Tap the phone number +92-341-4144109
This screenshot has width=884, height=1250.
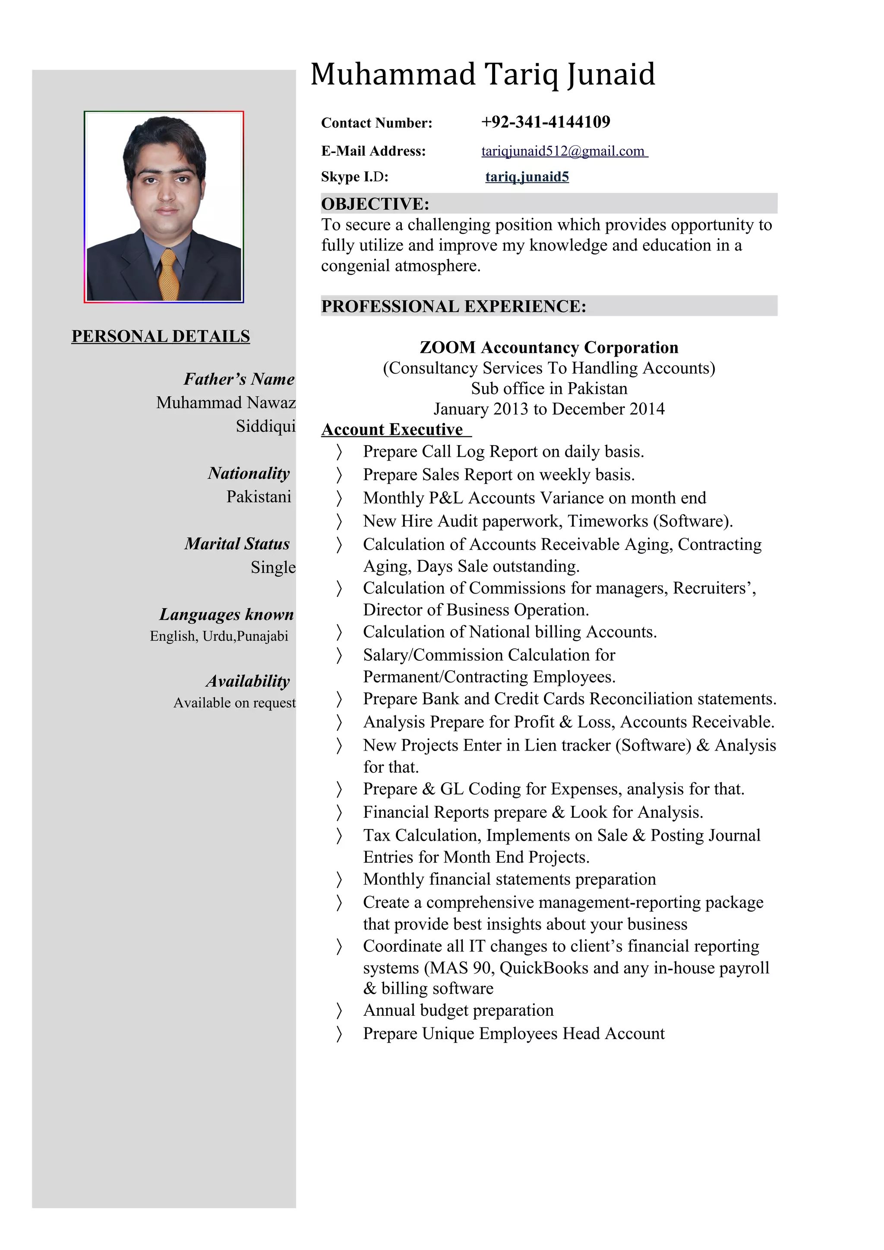(545, 122)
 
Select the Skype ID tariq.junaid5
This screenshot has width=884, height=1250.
(527, 176)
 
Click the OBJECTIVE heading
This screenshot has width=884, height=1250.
(375, 204)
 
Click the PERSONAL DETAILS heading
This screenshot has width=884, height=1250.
(161, 336)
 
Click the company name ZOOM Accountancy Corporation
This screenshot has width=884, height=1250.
(549, 347)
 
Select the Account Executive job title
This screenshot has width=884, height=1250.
(392, 430)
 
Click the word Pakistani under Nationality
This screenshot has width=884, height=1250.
(259, 496)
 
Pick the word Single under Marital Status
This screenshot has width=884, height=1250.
(273, 567)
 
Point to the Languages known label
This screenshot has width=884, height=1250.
(226, 614)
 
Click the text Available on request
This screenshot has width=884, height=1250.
(234, 703)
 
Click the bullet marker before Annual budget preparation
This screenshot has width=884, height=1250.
(339, 1011)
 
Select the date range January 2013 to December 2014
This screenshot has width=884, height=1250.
(549, 409)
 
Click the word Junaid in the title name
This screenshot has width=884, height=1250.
(611, 75)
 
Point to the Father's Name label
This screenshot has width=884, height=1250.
(239, 379)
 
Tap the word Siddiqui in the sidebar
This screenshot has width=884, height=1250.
(265, 426)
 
